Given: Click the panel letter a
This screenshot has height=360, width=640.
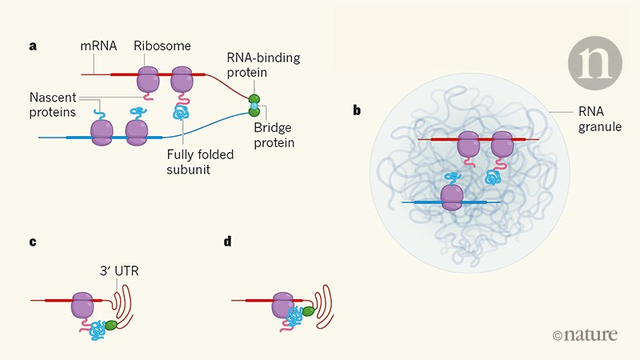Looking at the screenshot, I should [33, 46].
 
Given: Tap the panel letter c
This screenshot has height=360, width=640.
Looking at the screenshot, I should [33, 241].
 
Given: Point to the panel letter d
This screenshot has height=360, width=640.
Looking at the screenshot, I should [227, 241].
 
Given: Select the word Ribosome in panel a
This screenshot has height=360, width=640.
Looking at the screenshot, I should [162, 46].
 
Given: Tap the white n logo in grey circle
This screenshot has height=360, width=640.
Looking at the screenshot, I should [595, 62].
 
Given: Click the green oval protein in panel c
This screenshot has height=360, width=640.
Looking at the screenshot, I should [111, 326].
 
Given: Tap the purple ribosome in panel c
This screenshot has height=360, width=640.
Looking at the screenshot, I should [82, 306].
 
